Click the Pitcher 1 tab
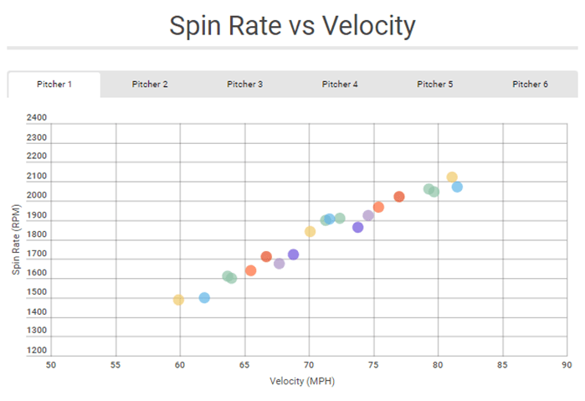(54, 85)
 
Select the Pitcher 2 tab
(150, 85)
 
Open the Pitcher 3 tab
(245, 85)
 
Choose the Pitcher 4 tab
(341, 85)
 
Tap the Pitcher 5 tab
(435, 85)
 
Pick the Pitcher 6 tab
(531, 85)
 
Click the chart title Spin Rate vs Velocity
(292, 26)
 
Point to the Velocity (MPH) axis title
(302, 382)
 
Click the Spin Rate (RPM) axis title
(15, 239)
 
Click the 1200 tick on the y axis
(37, 350)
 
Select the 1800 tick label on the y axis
(37, 234)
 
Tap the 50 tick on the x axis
(51, 365)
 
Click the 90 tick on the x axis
(567, 365)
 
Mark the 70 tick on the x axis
(309, 365)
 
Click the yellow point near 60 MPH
(178, 300)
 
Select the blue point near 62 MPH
(204, 298)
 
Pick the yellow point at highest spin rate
(452, 177)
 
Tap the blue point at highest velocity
(457, 187)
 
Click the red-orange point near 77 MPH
(399, 197)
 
